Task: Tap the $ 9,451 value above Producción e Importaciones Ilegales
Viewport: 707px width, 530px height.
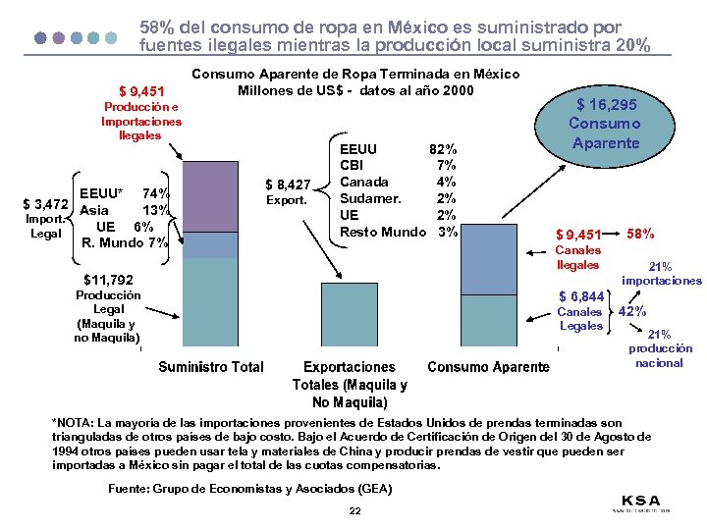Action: pyautogui.click(x=140, y=94)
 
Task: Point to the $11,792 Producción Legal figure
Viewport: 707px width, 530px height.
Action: pyautogui.click(x=108, y=280)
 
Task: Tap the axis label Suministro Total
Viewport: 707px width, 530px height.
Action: pyautogui.click(x=211, y=367)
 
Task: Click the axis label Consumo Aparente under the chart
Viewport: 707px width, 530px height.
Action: pyautogui.click(x=488, y=367)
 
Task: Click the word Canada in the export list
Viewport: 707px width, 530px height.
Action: pyautogui.click(x=363, y=182)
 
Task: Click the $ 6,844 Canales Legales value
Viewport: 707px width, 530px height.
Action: pyautogui.click(x=581, y=296)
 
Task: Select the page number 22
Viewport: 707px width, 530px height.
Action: pyautogui.click(x=354, y=511)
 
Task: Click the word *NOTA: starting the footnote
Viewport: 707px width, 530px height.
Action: pyautogui.click(x=75, y=421)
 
